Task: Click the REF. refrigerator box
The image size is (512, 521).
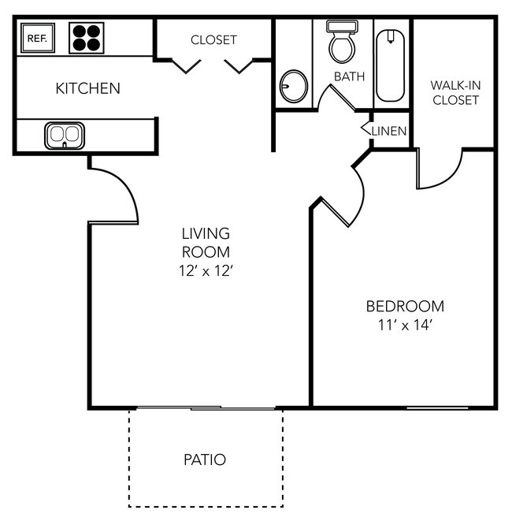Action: coord(38,38)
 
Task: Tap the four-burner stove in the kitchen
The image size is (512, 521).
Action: coord(87,38)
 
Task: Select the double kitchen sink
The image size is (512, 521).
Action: coord(65,136)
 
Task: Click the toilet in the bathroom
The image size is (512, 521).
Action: coord(342,42)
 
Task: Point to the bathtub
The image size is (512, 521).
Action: coord(391,65)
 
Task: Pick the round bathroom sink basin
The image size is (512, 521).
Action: coord(294,86)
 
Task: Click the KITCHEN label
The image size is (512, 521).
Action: coord(87,88)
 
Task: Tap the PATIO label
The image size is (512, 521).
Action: coord(205,460)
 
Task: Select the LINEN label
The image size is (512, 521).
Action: coord(389,132)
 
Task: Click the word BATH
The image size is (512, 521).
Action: coord(349,76)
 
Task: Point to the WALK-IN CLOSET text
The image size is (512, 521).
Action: coord(455,93)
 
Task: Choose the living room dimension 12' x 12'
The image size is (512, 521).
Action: coord(205,271)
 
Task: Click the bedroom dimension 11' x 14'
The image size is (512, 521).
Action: coord(405,325)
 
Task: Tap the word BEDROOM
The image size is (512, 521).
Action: coord(405,307)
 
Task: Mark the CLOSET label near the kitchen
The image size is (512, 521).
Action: coord(213,40)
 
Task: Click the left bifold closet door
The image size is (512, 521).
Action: coord(186,66)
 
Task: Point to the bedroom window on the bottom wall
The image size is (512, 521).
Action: coord(437,407)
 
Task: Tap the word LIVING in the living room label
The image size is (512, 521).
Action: coord(206,233)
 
